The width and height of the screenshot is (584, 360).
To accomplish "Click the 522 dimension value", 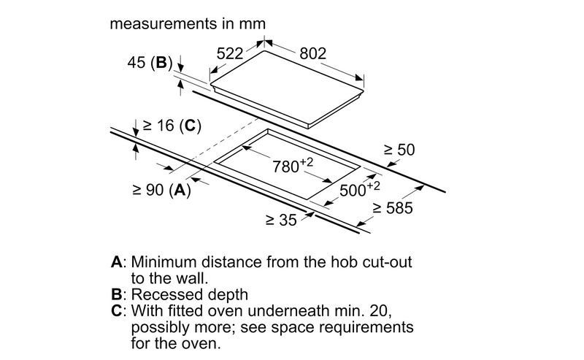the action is coord(230,53).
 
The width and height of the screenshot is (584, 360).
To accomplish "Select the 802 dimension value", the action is coord(313,53).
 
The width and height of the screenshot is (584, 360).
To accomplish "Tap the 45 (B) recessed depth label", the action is coord(150,63).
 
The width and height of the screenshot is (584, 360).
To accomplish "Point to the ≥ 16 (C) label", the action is coord(172,126).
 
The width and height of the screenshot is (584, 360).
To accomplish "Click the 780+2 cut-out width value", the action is coord(293,166).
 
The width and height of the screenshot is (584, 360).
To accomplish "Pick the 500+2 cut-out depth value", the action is coord(359,189).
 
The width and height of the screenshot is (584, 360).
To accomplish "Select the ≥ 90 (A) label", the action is coord(161,190).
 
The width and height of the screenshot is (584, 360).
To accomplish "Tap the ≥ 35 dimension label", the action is coord(281,220).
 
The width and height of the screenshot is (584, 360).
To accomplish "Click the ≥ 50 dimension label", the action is coord(399,150).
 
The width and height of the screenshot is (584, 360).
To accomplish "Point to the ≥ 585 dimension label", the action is coord(393,208).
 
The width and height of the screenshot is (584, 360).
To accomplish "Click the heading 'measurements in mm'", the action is coord(188,24).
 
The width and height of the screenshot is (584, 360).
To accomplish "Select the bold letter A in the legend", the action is coord(117,262).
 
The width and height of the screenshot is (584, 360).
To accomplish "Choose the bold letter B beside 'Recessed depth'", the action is coord(117,294).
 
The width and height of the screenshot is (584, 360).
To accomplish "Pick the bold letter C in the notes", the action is coord(117,311).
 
